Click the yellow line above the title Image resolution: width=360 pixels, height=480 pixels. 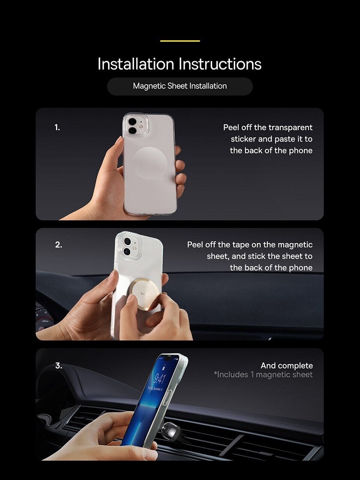[x=180, y=41]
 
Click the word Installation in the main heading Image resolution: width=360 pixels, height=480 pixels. [x=136, y=64]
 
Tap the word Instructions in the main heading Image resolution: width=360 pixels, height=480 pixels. [x=220, y=64]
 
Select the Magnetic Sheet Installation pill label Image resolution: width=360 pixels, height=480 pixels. [x=180, y=86]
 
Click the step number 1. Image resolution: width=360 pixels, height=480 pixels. [x=57, y=127]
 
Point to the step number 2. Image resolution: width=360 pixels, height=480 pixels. [x=59, y=245]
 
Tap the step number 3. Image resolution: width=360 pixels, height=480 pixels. [x=59, y=366]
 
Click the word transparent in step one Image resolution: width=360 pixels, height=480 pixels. [x=290, y=128]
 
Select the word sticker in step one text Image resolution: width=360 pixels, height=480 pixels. [x=243, y=139]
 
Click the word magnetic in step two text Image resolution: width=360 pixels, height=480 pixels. [x=295, y=245]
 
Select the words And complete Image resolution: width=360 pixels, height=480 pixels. [x=287, y=366]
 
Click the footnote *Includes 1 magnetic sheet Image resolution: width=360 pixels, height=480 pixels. [x=264, y=375]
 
